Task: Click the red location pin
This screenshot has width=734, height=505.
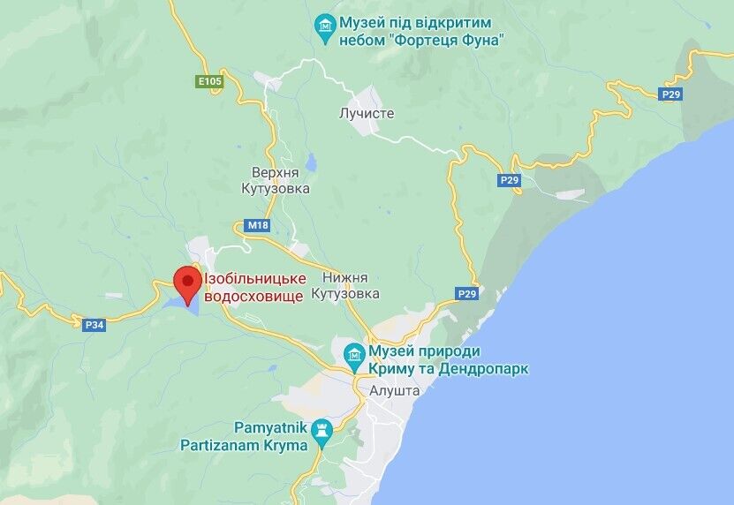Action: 186,282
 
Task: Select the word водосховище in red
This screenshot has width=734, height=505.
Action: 253,297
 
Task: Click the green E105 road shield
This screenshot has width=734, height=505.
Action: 209,82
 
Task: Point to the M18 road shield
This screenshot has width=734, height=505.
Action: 257,225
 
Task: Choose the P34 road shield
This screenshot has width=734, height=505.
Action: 95,324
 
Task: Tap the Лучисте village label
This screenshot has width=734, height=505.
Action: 366,113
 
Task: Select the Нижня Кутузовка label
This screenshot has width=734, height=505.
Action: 351,284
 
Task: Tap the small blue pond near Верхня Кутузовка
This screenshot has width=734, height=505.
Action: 310,162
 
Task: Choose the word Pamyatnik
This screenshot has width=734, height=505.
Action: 270,427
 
